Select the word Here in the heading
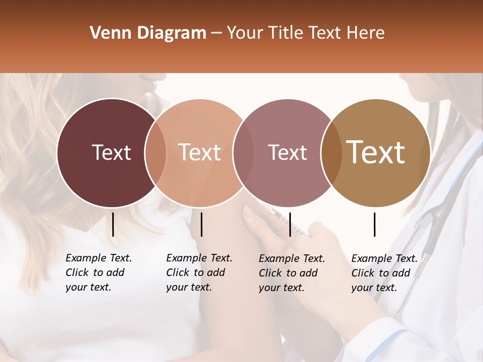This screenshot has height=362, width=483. point(366,33)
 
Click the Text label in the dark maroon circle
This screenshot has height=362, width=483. point(111,153)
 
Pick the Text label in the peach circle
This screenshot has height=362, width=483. point(199,153)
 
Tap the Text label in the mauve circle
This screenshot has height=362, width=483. point(287,153)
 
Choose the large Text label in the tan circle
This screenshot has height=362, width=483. point(376,153)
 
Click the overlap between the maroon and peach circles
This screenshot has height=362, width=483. point(155,153)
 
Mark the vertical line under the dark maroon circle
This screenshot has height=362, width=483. point(113,224)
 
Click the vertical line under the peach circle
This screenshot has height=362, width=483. point(201,224)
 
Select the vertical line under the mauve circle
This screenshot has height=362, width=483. point(290,224)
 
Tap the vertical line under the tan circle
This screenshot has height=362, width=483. point(374,224)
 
